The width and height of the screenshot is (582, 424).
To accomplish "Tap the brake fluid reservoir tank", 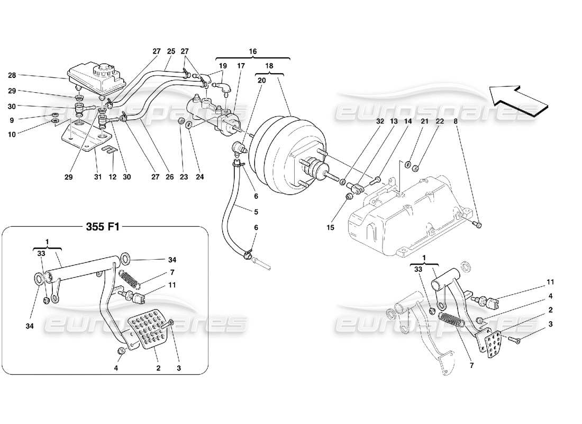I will point(95,78).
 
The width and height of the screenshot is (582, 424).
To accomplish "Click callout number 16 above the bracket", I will point(253,51).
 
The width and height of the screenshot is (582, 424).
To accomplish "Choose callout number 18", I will point(269,66).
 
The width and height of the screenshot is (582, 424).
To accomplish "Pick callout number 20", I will point(261,81).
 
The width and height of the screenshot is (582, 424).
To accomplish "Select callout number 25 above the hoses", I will point(171,51).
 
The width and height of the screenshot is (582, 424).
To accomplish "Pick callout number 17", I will point(241,66).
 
